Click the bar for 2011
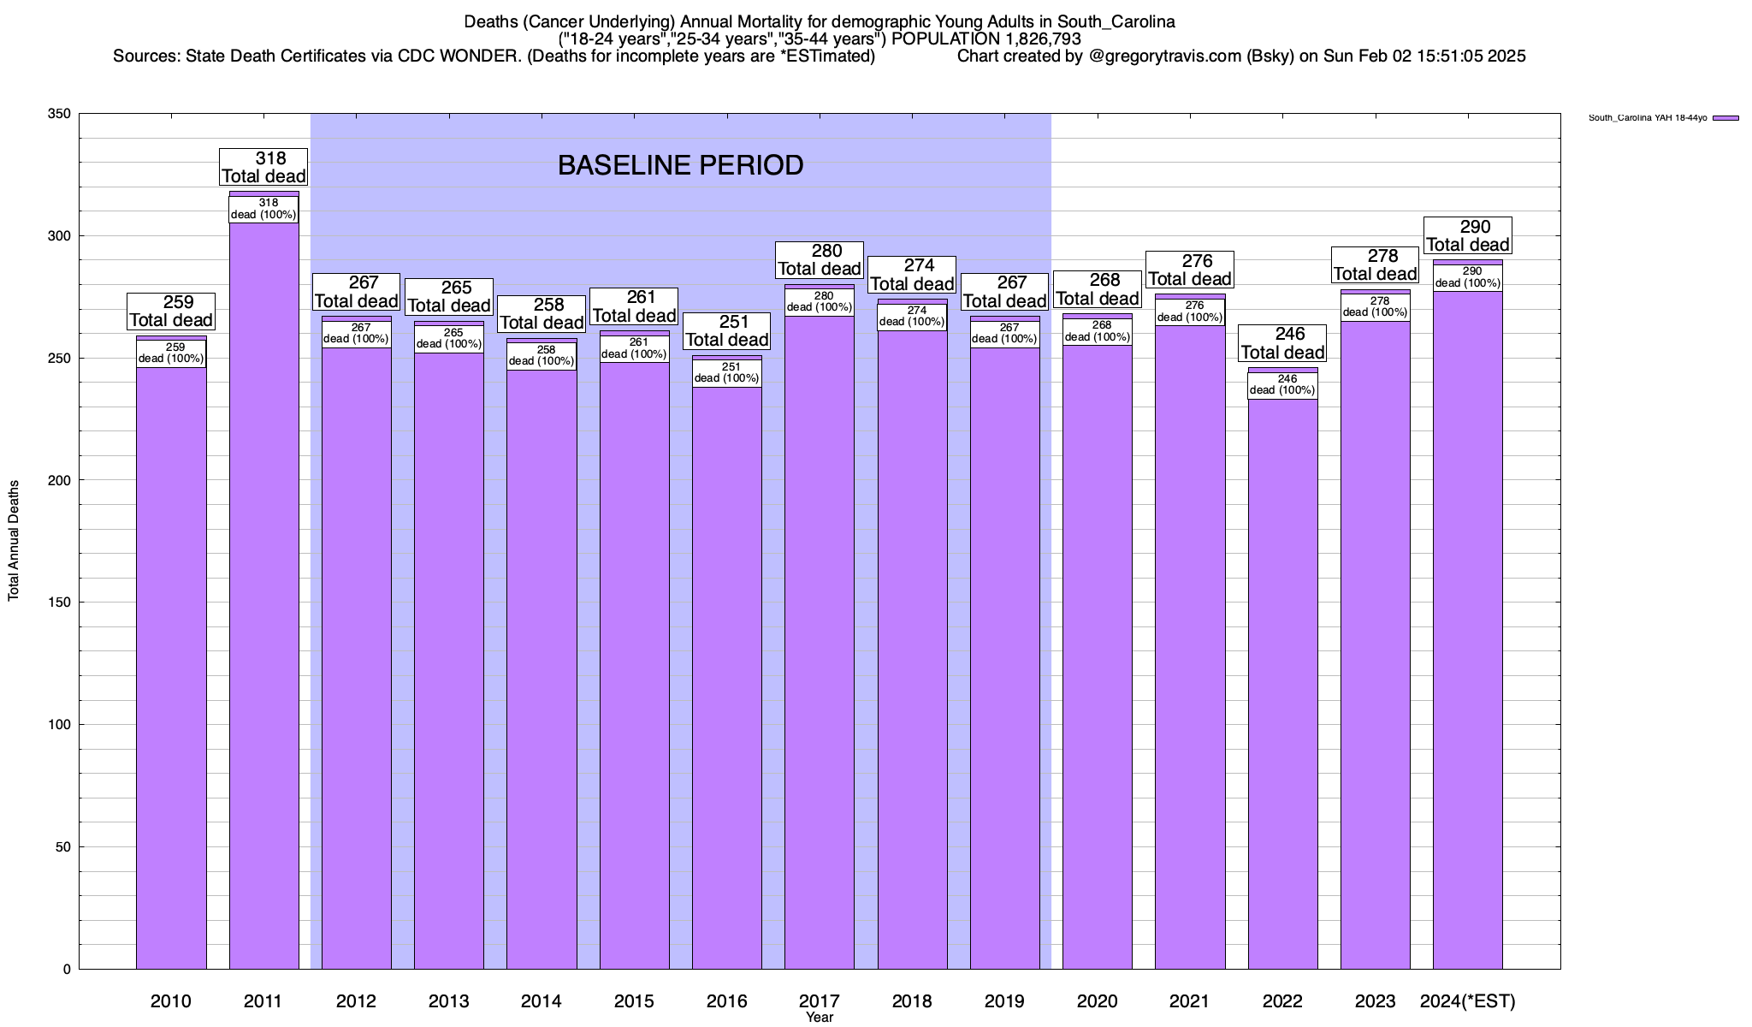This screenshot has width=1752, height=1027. (263, 599)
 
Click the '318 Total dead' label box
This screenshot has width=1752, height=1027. (263, 167)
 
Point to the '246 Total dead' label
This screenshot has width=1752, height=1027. (1282, 343)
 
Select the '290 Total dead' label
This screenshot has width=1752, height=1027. (1467, 235)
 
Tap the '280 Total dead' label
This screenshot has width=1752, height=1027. (819, 259)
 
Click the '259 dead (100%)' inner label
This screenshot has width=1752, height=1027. (171, 353)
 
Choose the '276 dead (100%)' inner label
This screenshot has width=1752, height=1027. (1190, 312)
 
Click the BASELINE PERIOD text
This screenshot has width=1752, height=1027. (680, 165)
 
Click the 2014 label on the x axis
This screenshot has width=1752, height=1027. (542, 1001)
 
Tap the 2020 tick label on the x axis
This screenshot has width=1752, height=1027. (1097, 1001)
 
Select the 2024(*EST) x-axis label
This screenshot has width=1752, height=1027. (1467, 1001)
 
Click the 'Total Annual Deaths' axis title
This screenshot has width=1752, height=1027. (14, 540)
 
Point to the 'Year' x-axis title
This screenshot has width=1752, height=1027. (819, 1018)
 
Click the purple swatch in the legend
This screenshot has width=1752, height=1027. (1725, 118)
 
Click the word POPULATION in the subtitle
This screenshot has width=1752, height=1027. (938, 39)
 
